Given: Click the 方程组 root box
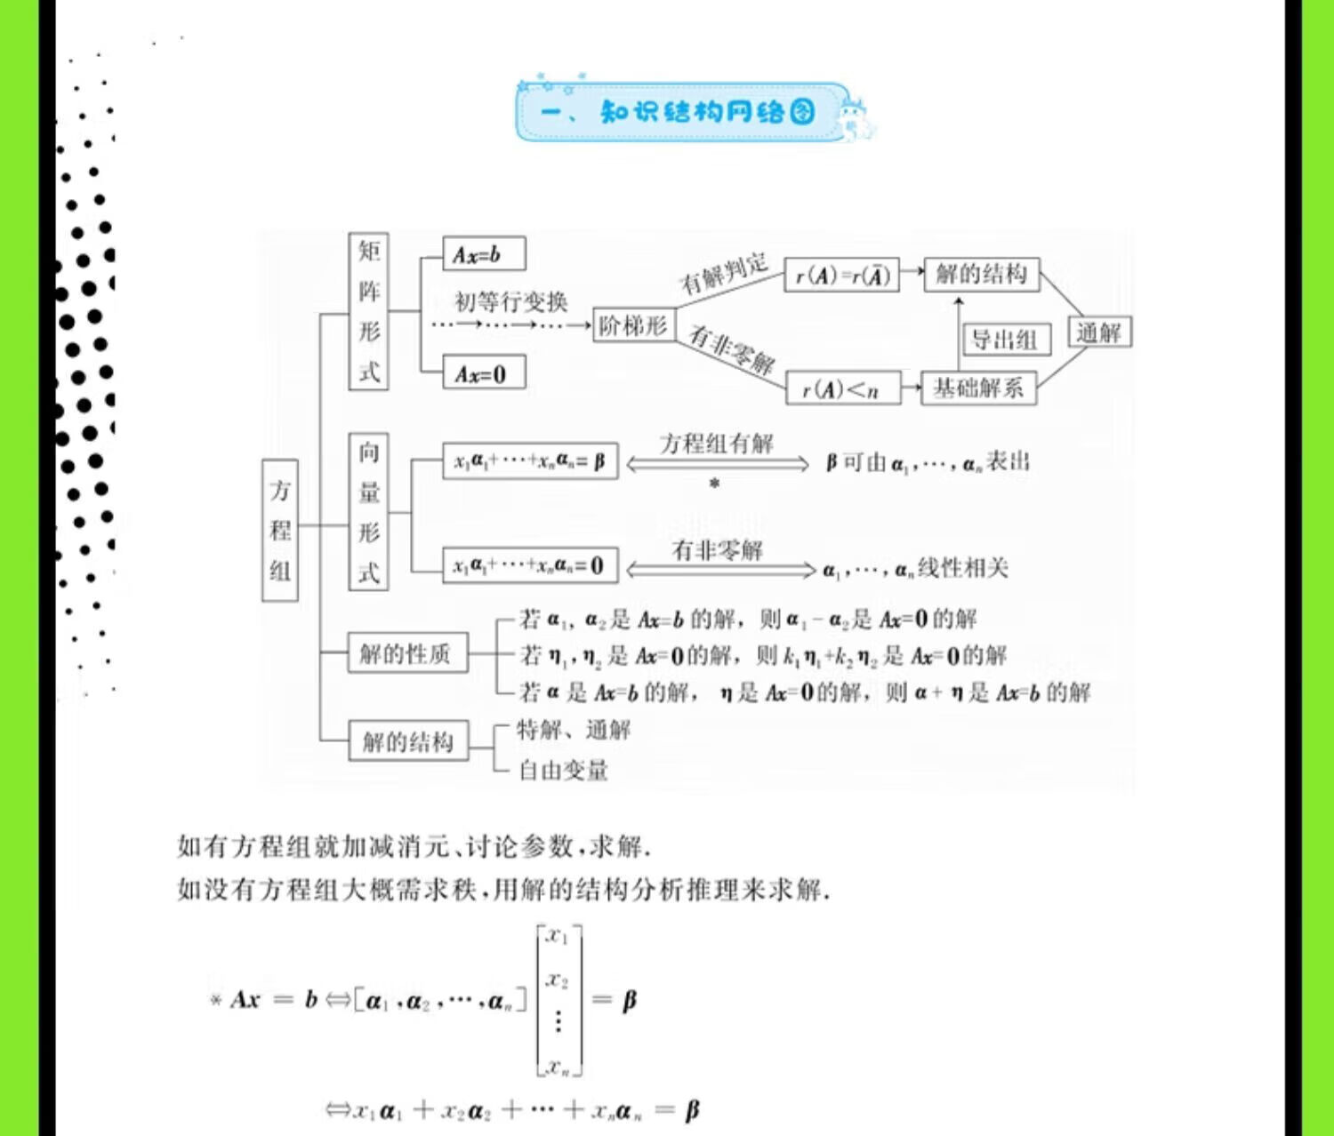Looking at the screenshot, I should click(x=280, y=530).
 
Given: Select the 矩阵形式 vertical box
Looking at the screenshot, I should click(x=368, y=311).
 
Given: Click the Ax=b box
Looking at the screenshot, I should click(x=483, y=254).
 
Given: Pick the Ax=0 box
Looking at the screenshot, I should click(x=483, y=373).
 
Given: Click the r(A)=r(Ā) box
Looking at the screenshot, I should click(x=841, y=276).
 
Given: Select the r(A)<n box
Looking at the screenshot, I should click(x=841, y=388).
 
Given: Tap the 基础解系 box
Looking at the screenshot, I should click(x=978, y=388).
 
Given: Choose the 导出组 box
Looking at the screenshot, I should click(x=1006, y=340).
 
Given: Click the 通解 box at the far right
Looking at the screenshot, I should click(x=1099, y=332).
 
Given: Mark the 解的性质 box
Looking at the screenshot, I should click(x=406, y=654).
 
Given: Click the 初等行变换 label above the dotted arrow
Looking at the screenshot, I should click(x=511, y=302).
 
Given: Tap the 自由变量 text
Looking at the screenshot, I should click(x=564, y=770).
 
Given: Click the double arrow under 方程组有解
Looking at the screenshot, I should click(x=717, y=464).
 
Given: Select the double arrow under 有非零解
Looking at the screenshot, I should click(x=720, y=570).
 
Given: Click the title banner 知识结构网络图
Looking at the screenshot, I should click(x=681, y=112).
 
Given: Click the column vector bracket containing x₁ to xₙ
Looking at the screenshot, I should click(x=559, y=1000).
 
